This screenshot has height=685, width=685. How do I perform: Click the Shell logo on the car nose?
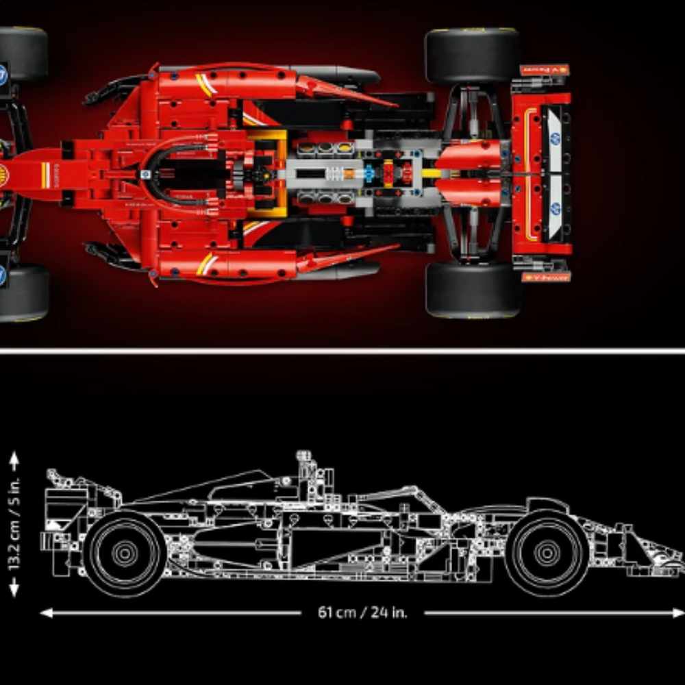point(3,173)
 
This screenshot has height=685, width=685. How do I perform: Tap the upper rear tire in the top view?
point(472,56)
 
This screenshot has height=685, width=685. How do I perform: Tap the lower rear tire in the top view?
point(472,289)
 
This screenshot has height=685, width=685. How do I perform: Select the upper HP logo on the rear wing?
point(554,139)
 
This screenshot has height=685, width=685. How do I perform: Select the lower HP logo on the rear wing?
point(554,207)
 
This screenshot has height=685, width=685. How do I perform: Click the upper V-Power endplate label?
point(545,70)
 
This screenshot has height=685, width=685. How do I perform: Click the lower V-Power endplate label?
point(545,277)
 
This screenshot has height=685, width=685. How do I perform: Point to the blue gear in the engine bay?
point(369,174)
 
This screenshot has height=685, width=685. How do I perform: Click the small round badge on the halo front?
point(146,175)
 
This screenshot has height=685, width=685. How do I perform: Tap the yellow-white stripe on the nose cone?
point(45,174)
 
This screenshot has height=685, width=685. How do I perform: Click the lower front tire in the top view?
point(24,293)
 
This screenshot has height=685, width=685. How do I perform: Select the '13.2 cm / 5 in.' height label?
point(15,524)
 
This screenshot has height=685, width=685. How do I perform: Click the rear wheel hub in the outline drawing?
point(125,552)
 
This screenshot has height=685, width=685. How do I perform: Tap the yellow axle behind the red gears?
point(431,173)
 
